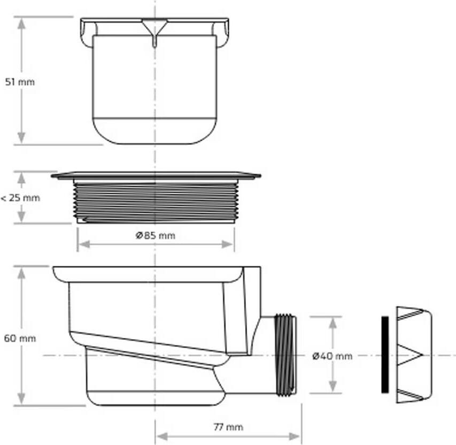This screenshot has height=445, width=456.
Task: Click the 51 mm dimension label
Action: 20,82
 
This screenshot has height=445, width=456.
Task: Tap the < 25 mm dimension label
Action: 20,198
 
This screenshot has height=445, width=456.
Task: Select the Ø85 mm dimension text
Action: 156,235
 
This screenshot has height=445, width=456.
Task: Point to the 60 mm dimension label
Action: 20,339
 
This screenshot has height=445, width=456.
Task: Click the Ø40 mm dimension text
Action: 333,356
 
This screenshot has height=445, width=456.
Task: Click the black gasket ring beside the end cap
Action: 385,355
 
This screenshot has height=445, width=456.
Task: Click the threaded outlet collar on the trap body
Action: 285,355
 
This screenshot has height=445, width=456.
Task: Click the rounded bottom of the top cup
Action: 155,131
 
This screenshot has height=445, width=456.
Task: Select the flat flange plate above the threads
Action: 155,175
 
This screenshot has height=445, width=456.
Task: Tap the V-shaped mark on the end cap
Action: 412,355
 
